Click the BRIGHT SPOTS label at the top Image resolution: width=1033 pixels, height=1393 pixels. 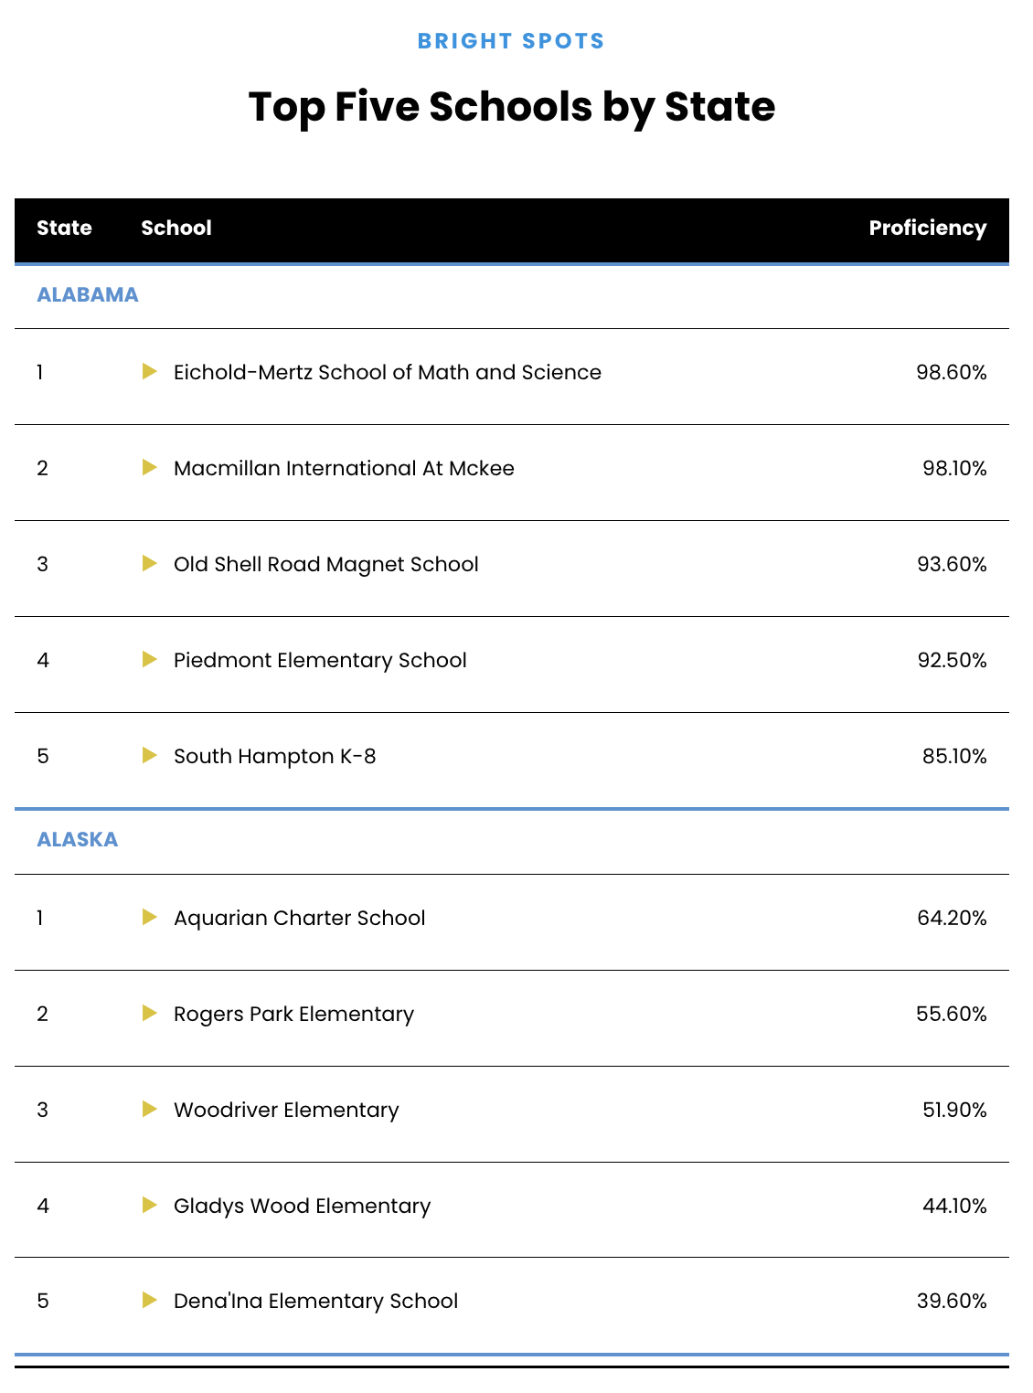tap(511, 41)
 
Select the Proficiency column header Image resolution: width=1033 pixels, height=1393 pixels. tap(927, 229)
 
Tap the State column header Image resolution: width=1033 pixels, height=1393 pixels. tap(64, 229)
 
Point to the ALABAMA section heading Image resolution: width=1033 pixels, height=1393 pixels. tap(88, 295)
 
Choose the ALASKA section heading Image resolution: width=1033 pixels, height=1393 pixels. tap(78, 840)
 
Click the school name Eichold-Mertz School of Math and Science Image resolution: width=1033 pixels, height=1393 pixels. tap(388, 373)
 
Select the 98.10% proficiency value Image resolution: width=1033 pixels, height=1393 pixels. tap(954, 469)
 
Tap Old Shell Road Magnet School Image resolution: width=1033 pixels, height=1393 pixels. tap(326, 565)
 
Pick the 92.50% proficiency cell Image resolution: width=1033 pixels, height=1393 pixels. tap(952, 661)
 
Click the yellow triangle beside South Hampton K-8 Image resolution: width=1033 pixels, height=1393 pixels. tap(150, 756)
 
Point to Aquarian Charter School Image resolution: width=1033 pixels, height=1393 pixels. tap(300, 919)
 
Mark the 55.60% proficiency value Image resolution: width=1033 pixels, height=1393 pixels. tap(952, 1015)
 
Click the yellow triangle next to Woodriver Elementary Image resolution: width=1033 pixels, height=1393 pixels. tap(150, 1110)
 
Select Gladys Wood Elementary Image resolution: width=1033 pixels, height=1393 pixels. tap(302, 1207)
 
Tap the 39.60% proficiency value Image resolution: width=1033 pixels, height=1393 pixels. tap(952, 1302)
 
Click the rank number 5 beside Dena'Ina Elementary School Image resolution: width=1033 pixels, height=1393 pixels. tap(43, 1302)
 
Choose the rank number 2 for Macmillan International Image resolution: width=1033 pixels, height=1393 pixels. tap(43, 469)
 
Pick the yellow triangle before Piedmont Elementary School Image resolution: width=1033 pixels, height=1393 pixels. tap(150, 660)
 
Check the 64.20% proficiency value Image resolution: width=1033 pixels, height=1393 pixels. tap(952, 919)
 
